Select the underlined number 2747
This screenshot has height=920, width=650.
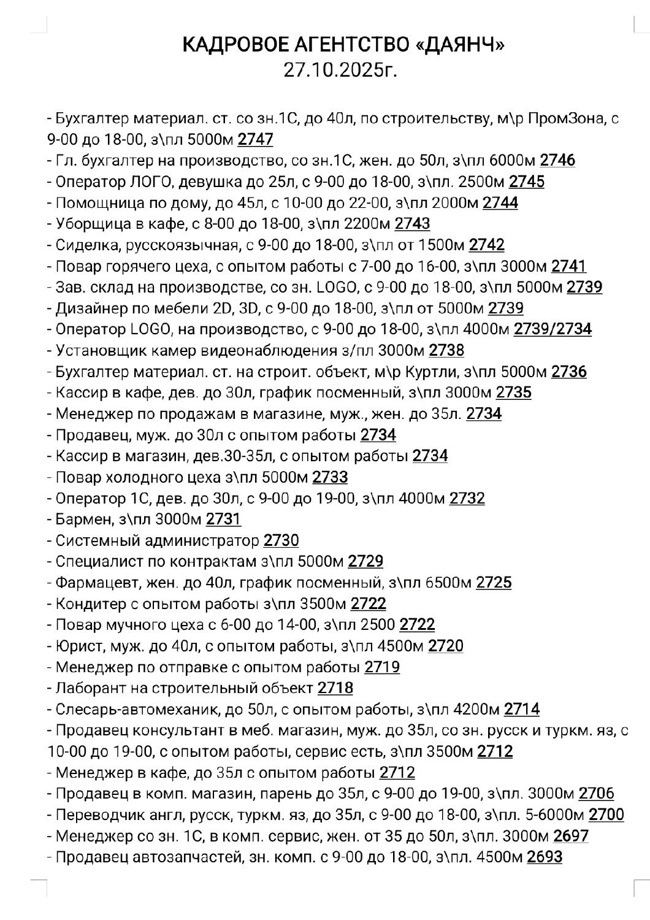coord(255,139)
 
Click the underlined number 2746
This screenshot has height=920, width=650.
coord(557,161)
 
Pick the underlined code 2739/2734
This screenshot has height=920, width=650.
coord(552,329)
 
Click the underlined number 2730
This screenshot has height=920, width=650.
coord(281,540)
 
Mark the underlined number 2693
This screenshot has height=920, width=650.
coord(544,857)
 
